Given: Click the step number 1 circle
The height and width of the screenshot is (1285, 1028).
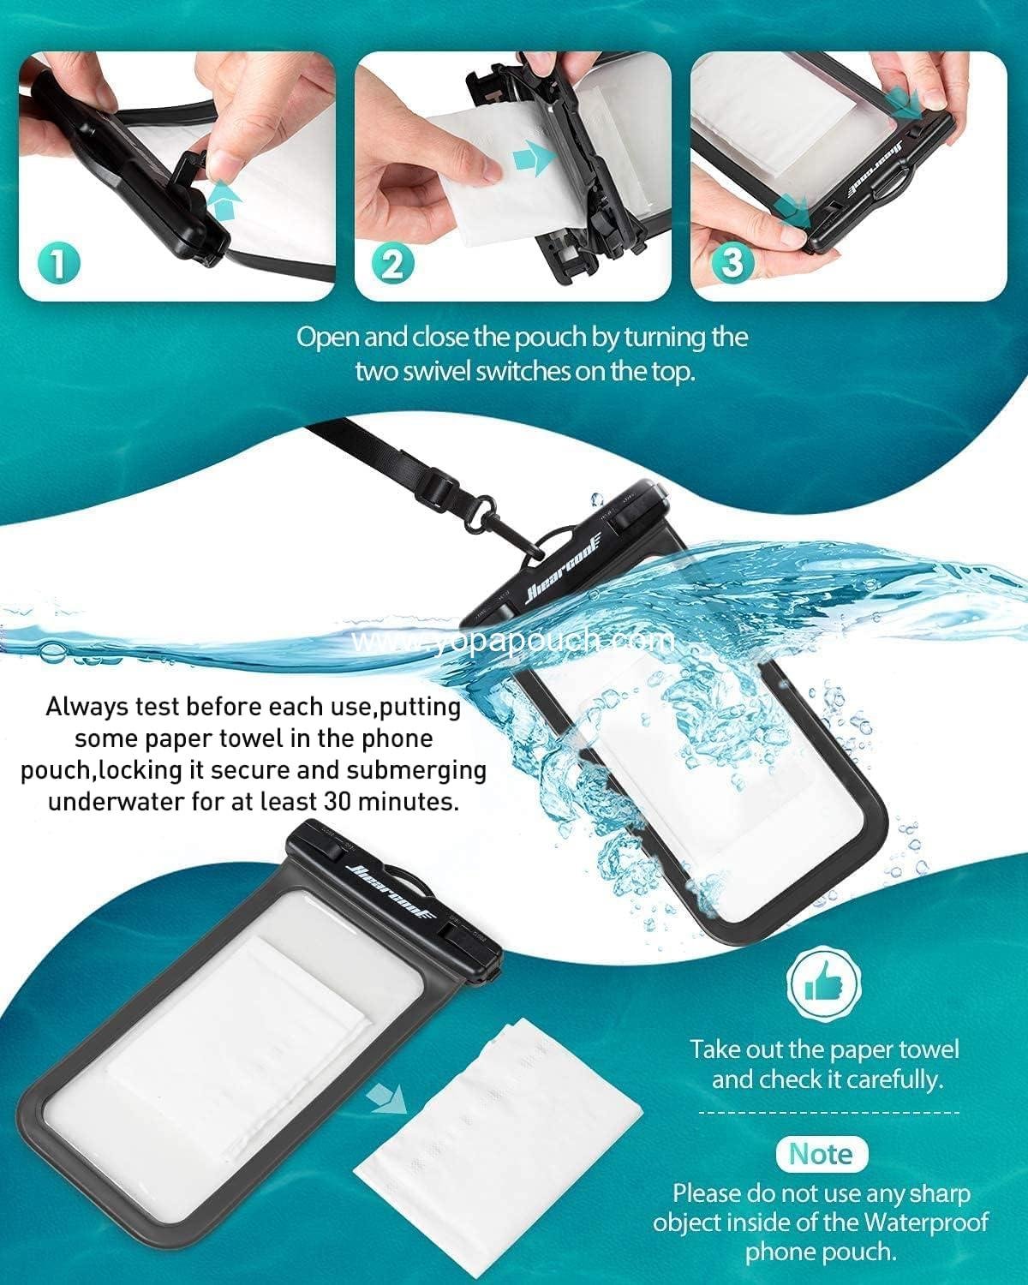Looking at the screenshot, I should (x=58, y=262).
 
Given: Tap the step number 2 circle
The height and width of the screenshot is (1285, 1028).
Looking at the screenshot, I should (x=393, y=262).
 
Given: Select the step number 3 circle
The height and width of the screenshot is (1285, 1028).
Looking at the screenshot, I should (x=732, y=262).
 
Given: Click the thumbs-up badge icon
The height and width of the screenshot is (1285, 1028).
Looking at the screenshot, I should (x=821, y=989).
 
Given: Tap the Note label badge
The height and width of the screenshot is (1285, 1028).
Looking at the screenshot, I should (x=821, y=1154).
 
